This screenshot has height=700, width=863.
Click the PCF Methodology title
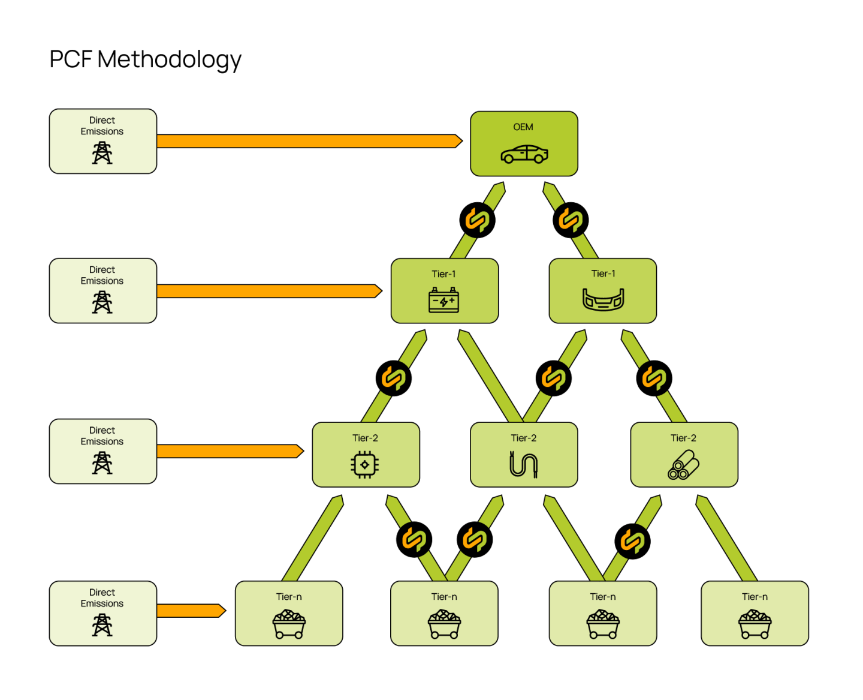pos(145,59)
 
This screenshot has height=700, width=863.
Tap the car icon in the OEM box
pos(524,154)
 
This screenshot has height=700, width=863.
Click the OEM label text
pos(523,127)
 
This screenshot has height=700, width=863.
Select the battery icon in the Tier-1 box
pos(444,300)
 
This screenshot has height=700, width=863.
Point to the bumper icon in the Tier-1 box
pos(603,299)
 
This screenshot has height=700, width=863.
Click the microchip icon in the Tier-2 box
pos(364,464)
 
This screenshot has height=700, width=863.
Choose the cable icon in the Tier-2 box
pos(524,464)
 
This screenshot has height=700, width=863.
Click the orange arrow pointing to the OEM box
pos(309,141)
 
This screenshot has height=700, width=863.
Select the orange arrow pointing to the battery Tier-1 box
pos(268,291)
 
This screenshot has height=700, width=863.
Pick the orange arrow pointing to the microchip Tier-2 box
pos(230,451)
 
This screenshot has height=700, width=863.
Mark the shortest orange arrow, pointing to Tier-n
pos(191,611)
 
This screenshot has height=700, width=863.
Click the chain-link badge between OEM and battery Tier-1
pos(477,220)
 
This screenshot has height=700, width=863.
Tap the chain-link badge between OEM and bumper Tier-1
pos(571,220)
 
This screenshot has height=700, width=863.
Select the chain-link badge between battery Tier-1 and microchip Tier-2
pos(393,378)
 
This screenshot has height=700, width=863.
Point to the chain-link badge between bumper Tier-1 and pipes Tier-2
pos(654,378)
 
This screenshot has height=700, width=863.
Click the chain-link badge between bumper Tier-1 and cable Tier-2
pos(553,378)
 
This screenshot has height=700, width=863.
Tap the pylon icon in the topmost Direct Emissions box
pos(102,153)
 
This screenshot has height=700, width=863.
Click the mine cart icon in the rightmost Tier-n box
pos(755,624)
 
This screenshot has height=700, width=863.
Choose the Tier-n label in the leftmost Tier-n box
pos(289,597)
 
